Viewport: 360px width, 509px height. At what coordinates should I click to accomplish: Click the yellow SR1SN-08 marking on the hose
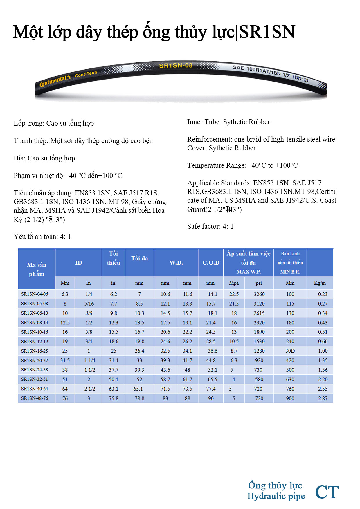[x=176, y=66]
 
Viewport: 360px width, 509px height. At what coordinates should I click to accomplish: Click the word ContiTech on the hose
[x=86, y=74]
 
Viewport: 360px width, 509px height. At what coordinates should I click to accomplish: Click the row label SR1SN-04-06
[x=35, y=294]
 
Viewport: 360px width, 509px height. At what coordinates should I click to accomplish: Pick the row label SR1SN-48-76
[x=35, y=398]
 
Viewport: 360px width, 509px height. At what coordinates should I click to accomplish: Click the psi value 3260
[x=259, y=294]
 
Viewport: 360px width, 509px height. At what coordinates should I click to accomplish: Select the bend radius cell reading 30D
[x=290, y=351]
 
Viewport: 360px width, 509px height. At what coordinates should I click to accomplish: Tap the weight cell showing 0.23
[x=322, y=294]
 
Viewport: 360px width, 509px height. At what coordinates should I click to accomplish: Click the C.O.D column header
[x=211, y=263]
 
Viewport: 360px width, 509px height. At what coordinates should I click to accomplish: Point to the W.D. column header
[x=176, y=263]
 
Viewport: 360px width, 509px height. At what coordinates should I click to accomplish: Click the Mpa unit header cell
[x=234, y=283]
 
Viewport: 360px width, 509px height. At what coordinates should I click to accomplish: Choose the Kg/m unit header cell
[x=320, y=283]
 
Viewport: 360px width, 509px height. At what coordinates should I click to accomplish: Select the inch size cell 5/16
[x=89, y=304]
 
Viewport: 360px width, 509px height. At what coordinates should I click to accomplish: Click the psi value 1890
[x=259, y=332]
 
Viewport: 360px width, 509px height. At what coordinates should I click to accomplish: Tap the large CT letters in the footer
[x=327, y=492]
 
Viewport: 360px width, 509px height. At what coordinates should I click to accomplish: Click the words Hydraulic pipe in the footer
[x=276, y=496]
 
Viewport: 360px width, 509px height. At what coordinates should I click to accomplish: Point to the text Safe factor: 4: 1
[x=210, y=226]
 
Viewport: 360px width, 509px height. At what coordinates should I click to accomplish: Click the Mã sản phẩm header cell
[x=37, y=269]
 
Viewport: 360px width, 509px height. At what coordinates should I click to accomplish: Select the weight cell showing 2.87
[x=322, y=398]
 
